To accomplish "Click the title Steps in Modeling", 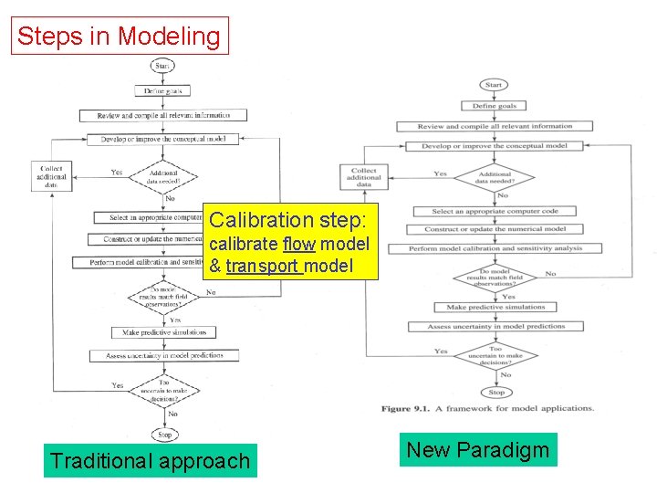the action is tap(120, 37).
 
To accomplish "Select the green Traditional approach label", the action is tap(150, 460).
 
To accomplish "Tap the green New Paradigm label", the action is tap(478, 450).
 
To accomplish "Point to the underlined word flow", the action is tap(298, 245).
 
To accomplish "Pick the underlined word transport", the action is tap(263, 266).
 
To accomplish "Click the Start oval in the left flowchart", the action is tap(162, 66).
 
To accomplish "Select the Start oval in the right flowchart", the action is tap(494, 85).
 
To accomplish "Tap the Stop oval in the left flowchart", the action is tap(164, 435).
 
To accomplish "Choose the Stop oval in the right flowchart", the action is tap(496, 392).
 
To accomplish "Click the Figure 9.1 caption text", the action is tap(487, 408).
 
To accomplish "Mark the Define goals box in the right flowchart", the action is tap(495, 106).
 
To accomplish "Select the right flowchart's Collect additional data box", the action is tap(364, 176).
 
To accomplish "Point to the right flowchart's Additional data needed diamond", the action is tap(495, 177).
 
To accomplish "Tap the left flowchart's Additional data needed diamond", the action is tap(164, 176).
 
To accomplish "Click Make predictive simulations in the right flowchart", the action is tap(495, 307).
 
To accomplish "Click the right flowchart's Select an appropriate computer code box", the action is tap(495, 211).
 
